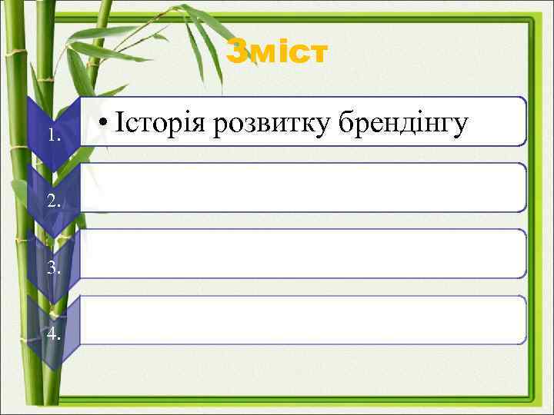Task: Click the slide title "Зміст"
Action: click(277, 52)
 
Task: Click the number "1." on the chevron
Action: click(53, 136)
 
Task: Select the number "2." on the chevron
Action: click(53, 202)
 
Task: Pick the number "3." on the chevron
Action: click(53, 267)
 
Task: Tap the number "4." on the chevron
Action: click(53, 334)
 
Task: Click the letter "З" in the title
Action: click(238, 52)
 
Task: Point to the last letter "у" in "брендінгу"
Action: click(459, 128)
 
